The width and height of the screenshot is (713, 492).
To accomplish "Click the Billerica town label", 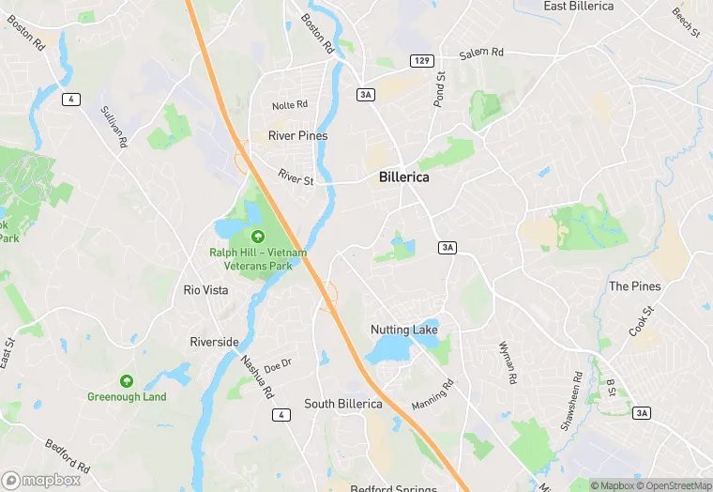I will click(403, 177).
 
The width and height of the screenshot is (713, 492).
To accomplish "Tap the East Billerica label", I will click(579, 7).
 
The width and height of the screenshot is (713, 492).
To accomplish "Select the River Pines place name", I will click(297, 136).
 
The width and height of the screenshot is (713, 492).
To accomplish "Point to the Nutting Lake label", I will click(404, 330).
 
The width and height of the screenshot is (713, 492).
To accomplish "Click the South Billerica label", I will click(342, 404).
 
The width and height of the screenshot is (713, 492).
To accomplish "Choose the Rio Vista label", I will click(205, 290).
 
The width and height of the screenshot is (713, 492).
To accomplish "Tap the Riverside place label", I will click(214, 342).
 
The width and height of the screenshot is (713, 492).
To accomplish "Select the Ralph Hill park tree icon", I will click(257, 235).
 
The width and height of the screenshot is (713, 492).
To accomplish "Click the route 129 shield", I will click(421, 61).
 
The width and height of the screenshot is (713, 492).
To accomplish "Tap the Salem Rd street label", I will click(481, 54).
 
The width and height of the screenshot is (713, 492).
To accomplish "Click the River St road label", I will click(296, 176).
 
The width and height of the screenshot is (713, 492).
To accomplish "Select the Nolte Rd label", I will click(289, 106).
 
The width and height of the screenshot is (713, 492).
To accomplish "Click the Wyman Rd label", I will click(508, 364).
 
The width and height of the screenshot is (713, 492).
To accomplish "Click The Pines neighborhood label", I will click(634, 286).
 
